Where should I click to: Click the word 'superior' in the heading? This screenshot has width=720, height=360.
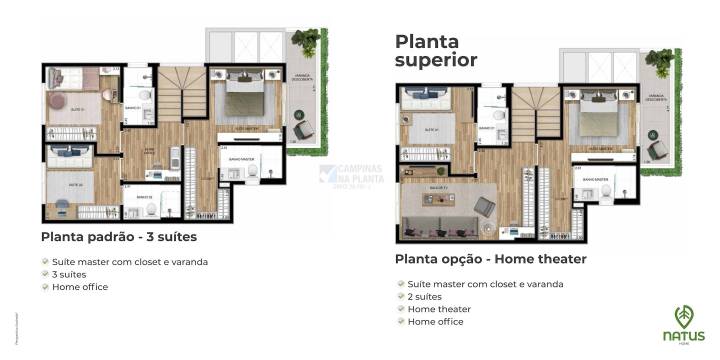tap(436, 61)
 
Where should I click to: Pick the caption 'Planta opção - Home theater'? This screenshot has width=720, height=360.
tap(490, 259)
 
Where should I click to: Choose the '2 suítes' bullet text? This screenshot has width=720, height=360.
tap(424, 296)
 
